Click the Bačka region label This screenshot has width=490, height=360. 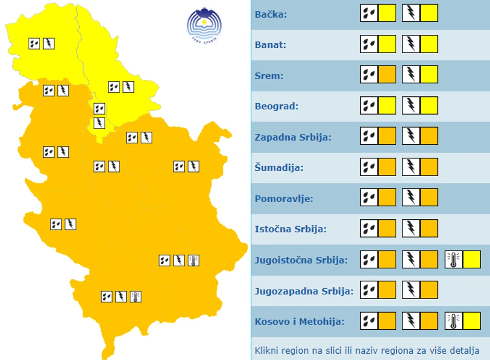coord(271,14)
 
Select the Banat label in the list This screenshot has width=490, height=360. coord(270,45)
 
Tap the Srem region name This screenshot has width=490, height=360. coord(269,76)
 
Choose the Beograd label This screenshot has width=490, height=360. coord(276,106)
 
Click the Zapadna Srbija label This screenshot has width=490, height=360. coord(293,137)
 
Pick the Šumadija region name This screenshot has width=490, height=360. coord(279,168)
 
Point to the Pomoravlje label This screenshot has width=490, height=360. coord(284,198)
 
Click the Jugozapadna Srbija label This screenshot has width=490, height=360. coord(304,291)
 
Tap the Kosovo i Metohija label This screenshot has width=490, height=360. coord(300,321)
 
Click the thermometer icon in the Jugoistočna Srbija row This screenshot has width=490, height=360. coord(454,259)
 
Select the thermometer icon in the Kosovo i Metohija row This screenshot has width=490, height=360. coord(454,321)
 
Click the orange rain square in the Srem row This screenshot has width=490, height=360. coord(387,75)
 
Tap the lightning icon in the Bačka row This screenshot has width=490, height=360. coord(411,13)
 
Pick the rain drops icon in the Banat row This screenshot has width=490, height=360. coord(369,44)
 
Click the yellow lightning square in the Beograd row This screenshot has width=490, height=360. coord(429,105)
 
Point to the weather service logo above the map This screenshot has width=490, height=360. coord(204,25)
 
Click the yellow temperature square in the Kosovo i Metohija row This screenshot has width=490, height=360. coord(472,321)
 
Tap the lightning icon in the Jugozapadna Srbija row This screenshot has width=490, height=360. coord(411,290)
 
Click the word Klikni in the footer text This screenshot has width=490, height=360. coord(266,350)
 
